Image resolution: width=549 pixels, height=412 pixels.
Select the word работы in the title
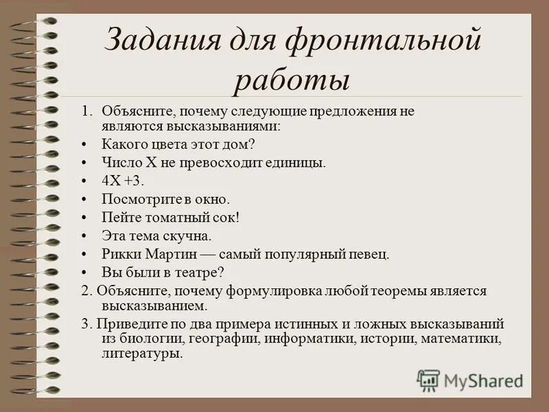pyautogui.click(x=292, y=80)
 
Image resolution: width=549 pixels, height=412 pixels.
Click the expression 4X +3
pyautogui.click(x=124, y=181)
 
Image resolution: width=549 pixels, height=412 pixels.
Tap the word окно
pyautogui.click(x=209, y=199)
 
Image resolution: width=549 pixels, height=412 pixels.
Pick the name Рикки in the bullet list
pyautogui.click(x=120, y=253)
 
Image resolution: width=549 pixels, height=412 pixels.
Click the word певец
pyautogui.click(x=369, y=253)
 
